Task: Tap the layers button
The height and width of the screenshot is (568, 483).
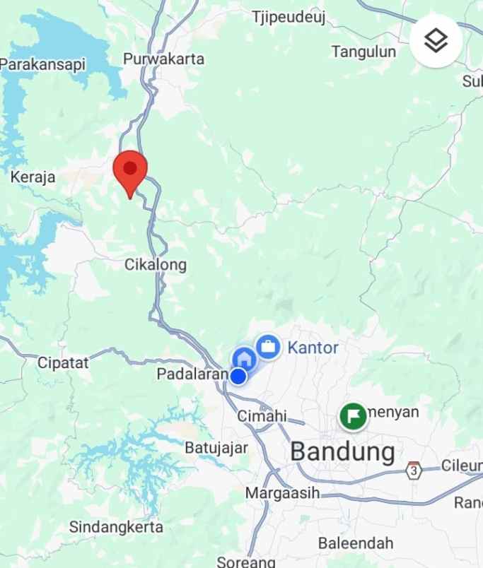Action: coord(436,41)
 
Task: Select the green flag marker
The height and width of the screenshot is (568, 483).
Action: coord(352,415)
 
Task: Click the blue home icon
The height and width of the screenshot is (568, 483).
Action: coord(245,357)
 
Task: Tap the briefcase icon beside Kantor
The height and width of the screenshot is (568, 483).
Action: coord(267,346)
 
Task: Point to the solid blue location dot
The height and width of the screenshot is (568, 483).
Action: coord(238,376)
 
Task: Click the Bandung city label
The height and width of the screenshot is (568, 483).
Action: coord(342,451)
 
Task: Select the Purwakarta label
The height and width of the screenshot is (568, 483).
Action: coord(163,59)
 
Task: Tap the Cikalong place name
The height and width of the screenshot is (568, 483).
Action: coord(156,265)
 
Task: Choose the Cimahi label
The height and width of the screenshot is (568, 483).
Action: coord(262,415)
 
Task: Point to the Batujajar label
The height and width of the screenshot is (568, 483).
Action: coord(216,447)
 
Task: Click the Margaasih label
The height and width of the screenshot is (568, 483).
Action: coord(282,492)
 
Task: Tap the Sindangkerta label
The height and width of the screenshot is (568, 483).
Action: coord(116,527)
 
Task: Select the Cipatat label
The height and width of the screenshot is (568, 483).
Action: coord(64,363)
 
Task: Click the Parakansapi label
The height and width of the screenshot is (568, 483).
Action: coord(42,64)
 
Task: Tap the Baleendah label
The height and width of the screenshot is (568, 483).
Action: coord(356,543)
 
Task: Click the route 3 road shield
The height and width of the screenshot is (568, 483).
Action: coord(414,469)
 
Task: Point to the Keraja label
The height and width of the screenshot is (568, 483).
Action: coord(33,177)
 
